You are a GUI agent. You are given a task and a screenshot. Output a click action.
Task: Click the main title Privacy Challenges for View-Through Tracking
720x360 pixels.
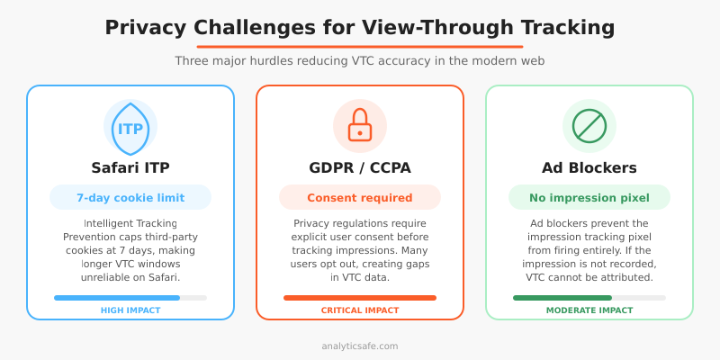pyautogui.click(x=360, y=27)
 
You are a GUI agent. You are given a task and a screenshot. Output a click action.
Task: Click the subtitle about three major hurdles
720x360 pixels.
pyautogui.click(x=360, y=61)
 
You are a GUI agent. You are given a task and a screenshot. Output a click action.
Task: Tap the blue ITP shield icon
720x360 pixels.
pyautogui.click(x=130, y=127)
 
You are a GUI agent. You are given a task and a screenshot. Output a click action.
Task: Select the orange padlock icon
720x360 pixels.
pyautogui.click(x=360, y=125)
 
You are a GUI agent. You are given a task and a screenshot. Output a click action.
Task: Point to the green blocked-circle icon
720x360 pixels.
pyautogui.click(x=589, y=125)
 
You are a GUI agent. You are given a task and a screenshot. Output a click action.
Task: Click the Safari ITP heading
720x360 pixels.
pyautogui.click(x=130, y=167)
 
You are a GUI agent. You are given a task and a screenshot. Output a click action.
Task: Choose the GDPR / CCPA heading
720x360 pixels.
pyautogui.click(x=360, y=167)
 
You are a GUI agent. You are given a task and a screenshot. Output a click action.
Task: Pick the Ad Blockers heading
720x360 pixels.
pyautogui.click(x=589, y=167)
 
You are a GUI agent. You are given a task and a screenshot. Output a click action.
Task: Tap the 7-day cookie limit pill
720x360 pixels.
pyautogui.click(x=130, y=198)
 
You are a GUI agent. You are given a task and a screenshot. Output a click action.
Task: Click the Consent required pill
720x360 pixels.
pyautogui.click(x=360, y=198)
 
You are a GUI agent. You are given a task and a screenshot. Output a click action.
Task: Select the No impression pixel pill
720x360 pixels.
pyautogui.click(x=589, y=198)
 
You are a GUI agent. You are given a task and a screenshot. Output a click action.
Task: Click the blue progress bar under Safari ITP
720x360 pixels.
pyautogui.click(x=117, y=297)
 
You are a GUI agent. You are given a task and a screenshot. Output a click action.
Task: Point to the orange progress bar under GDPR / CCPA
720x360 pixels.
pyautogui.click(x=360, y=297)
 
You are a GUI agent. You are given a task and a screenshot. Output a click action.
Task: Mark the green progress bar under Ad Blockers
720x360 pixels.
pyautogui.click(x=562, y=297)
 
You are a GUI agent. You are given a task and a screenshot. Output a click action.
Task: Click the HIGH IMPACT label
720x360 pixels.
pyautogui.click(x=130, y=310)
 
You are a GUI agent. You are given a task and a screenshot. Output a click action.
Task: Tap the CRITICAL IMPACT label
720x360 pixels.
pyautogui.click(x=360, y=310)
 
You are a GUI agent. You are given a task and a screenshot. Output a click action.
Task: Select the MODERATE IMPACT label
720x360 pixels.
pyautogui.click(x=589, y=310)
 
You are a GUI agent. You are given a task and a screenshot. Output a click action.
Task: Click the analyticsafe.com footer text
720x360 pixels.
pyautogui.click(x=360, y=346)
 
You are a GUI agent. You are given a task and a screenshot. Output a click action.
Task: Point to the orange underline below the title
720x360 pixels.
pyautogui.click(x=360, y=46)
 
